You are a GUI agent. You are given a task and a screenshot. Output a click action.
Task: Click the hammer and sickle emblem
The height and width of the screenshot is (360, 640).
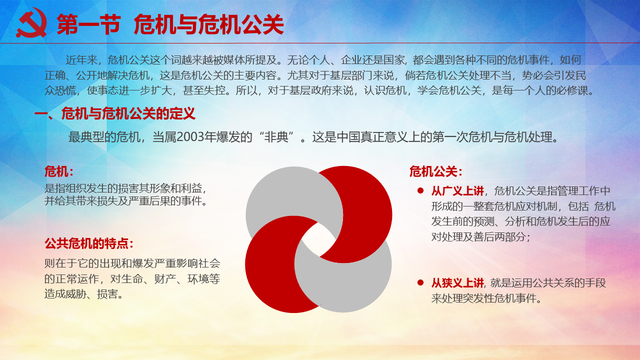tap(31, 23)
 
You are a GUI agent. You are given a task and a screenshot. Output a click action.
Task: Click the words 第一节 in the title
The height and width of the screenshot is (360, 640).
tap(88, 24)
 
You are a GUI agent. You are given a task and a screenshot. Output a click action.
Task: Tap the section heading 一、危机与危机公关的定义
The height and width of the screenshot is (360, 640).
tap(115, 113)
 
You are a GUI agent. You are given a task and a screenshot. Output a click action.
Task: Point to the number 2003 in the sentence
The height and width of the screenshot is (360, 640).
tap(192, 137)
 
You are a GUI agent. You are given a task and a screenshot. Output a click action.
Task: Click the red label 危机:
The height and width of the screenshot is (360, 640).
tap(59, 171)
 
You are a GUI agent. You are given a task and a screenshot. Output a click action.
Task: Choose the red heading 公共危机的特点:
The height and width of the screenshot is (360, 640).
tap(89, 243)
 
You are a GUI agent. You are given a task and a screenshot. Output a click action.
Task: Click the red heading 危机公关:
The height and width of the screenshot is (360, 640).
tap(435, 171)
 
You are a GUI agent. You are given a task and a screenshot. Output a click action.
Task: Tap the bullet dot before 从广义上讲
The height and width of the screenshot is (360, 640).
tap(420, 190)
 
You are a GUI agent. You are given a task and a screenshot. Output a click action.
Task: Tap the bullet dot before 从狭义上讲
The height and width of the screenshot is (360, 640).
tap(420, 282)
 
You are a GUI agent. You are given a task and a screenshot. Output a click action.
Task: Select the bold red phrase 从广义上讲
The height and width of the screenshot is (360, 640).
tap(457, 191)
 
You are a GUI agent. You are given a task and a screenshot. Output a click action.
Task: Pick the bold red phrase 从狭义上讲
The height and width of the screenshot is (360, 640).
tap(457, 283)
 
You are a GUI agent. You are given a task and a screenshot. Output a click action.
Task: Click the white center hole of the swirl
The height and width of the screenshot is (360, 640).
tap(318, 239)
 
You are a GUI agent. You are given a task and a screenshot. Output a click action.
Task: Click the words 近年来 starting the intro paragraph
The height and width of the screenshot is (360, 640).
tap(81, 60)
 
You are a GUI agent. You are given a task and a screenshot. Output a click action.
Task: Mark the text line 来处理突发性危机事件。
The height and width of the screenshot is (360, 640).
tap(486, 298)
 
